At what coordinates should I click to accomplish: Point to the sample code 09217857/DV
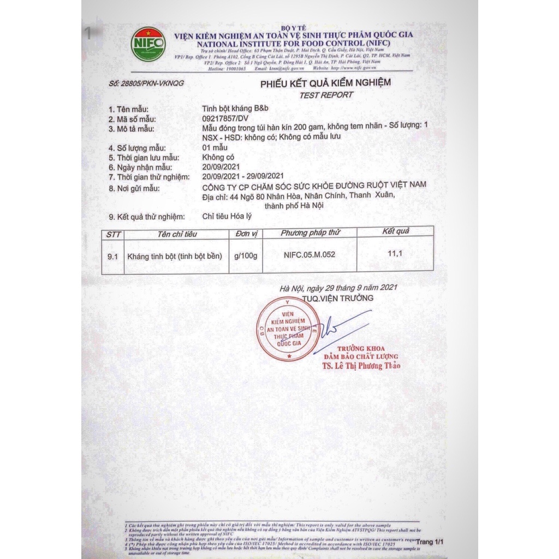225,118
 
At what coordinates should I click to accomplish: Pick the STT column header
114,234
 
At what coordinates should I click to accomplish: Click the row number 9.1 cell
113,255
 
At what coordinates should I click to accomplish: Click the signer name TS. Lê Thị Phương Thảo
360,365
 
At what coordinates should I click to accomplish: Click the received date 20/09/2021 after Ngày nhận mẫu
220,167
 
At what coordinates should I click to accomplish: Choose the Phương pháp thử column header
311,233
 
